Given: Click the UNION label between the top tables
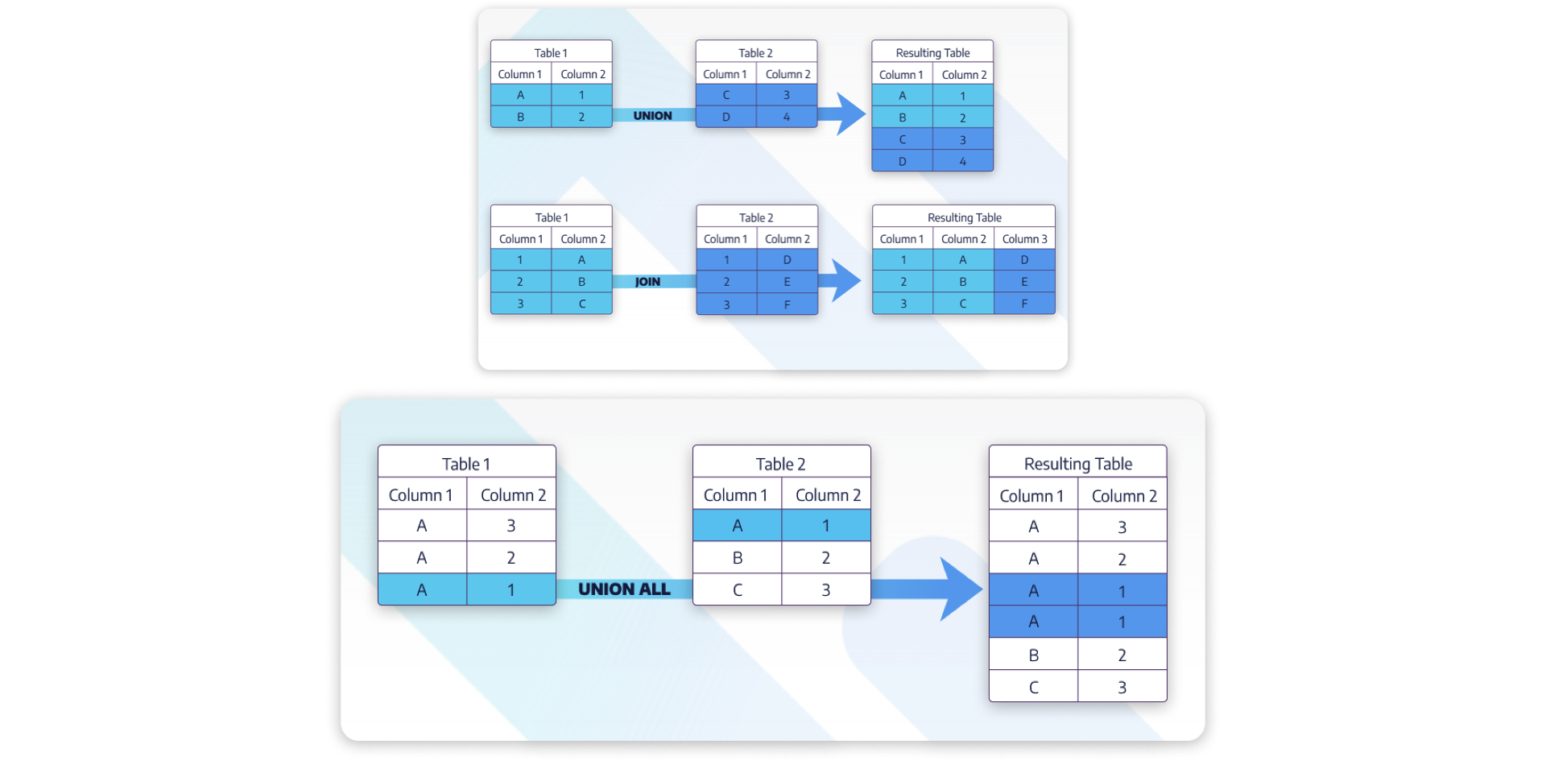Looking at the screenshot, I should pyautogui.click(x=652, y=116).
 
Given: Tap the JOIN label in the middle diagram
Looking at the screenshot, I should pyautogui.click(x=647, y=282).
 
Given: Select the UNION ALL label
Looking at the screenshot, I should pyautogui.click(x=624, y=589).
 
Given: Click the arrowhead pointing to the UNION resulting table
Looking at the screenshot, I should pyautogui.click(x=849, y=114).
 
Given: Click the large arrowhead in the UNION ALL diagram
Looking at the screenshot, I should pyautogui.click(x=960, y=589).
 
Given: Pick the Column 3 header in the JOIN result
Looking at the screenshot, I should pyautogui.click(x=1024, y=239).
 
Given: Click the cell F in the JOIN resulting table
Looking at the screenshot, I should pyautogui.click(x=1024, y=304).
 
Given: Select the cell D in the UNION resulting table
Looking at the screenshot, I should pyautogui.click(x=902, y=161).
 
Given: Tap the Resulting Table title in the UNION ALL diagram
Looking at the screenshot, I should pyautogui.click(x=1077, y=464).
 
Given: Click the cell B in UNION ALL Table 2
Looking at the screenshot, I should pyautogui.click(x=737, y=557).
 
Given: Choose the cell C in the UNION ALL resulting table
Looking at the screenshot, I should pyautogui.click(x=1033, y=687).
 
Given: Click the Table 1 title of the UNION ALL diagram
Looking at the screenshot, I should pyautogui.click(x=466, y=464).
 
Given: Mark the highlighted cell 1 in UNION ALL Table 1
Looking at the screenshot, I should pyautogui.click(x=511, y=589).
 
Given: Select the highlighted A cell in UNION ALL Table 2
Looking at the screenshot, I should pyautogui.click(x=737, y=525).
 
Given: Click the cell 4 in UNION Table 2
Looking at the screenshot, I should pyautogui.click(x=787, y=117).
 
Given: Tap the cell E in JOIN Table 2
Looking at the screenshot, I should pyautogui.click(x=787, y=282).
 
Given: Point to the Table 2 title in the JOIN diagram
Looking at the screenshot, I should pyautogui.click(x=756, y=217).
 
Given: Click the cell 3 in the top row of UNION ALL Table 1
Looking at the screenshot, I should pyautogui.click(x=511, y=525).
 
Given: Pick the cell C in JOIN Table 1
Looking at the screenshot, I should pyautogui.click(x=581, y=304).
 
